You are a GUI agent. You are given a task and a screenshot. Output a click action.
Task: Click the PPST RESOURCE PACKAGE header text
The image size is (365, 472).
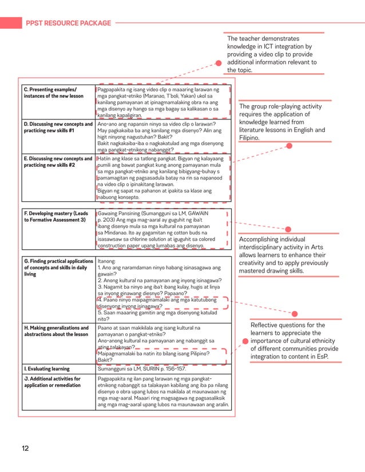pyautogui.click(x=68, y=23)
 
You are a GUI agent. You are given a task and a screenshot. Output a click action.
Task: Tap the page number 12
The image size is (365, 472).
pyautogui.click(x=25, y=448)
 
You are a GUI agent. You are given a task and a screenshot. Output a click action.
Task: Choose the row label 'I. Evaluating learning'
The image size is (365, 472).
pyautogui.click(x=47, y=369)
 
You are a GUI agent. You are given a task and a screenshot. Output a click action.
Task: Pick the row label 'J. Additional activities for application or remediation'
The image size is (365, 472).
pyautogui.click(x=52, y=382)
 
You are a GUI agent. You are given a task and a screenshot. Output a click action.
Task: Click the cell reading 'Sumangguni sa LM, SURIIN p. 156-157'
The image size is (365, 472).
pyautogui.click(x=142, y=369)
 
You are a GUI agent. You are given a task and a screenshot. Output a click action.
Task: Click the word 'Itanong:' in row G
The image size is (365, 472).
pyautogui.click(x=107, y=261)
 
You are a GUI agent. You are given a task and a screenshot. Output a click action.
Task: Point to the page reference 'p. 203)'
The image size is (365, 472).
pyautogui.click(x=108, y=219)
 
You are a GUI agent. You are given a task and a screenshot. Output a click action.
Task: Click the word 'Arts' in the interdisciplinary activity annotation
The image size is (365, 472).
pyautogui.click(x=336, y=247)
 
